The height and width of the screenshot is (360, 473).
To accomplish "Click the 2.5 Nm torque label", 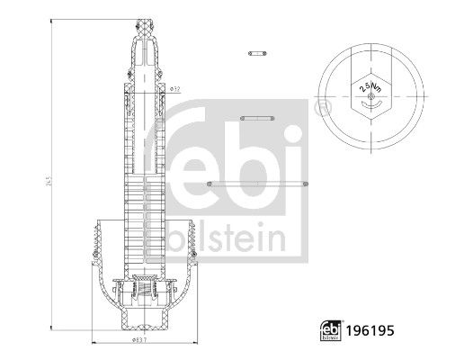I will pyautogui.click(x=368, y=88).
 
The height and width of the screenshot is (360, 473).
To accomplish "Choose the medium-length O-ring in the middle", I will pyautogui.click(x=258, y=117).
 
